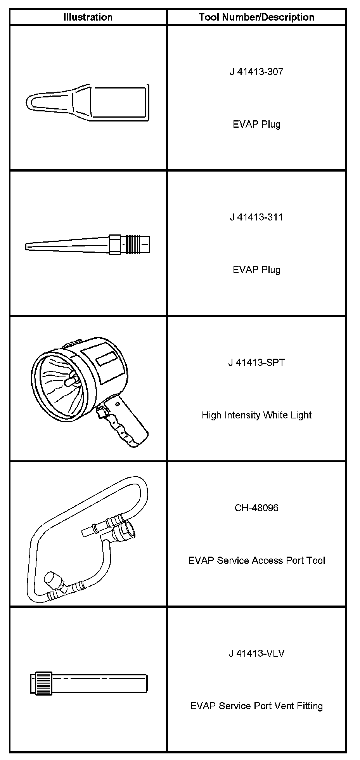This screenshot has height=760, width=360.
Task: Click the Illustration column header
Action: [x=88, y=17]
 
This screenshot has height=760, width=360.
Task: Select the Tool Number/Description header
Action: [x=256, y=17]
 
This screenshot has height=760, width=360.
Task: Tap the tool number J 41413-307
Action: [x=256, y=71]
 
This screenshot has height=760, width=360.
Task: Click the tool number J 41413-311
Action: [x=256, y=217]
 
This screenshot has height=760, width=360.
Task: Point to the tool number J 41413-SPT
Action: [x=256, y=363]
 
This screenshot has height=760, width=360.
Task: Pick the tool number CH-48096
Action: [x=256, y=508]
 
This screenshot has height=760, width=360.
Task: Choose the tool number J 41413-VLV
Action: [x=256, y=653]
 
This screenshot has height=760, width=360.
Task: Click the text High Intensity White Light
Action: [x=256, y=415]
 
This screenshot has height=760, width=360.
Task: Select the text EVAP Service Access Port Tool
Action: [x=256, y=560]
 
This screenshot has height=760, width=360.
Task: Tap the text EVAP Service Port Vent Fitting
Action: [x=256, y=706]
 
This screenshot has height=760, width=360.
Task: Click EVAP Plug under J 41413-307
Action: [x=256, y=124]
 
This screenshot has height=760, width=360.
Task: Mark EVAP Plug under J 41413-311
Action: [x=256, y=270]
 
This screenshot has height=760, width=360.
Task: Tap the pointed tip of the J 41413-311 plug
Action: [x=28, y=246]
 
